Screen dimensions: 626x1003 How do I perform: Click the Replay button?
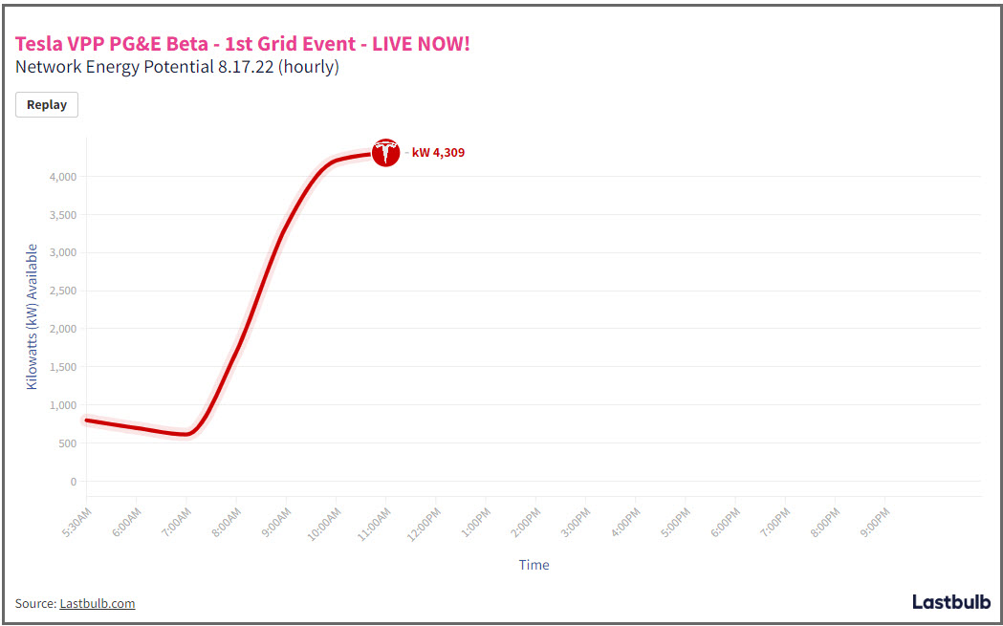(x=47, y=105)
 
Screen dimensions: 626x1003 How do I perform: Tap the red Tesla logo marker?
(x=385, y=153)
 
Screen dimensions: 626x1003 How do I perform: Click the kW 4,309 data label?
(x=438, y=153)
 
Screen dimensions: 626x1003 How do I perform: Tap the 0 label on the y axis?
(x=73, y=482)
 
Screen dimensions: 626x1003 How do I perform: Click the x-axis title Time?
(x=534, y=565)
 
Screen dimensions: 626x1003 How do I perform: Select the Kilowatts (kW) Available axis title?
(x=32, y=316)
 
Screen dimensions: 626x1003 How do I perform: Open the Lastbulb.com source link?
(x=98, y=603)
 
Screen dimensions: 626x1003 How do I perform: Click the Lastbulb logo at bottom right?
(x=950, y=602)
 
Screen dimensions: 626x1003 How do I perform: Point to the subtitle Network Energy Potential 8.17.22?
(x=143, y=67)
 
